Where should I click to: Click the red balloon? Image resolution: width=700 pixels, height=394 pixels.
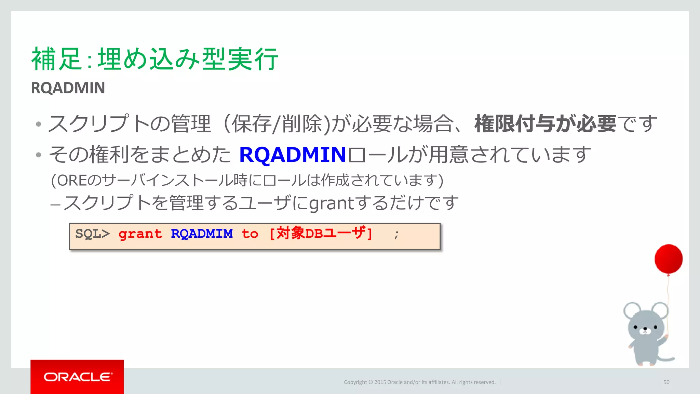click(669, 259)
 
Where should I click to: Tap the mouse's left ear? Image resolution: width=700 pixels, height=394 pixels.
click(632, 311)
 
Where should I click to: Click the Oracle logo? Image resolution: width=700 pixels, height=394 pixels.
click(77, 377)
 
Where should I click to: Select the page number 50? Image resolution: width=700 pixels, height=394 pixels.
click(666, 382)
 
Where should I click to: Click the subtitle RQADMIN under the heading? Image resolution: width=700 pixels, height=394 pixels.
click(68, 88)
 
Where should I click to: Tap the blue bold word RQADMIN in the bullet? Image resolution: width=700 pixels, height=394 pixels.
click(293, 155)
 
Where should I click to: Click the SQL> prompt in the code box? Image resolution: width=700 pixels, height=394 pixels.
click(92, 234)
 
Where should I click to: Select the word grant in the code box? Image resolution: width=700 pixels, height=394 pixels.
click(140, 234)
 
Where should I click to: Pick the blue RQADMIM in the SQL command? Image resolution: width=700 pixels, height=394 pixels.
click(202, 234)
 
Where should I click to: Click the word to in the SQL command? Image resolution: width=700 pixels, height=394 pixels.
click(250, 234)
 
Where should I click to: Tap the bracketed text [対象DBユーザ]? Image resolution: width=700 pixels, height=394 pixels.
click(321, 234)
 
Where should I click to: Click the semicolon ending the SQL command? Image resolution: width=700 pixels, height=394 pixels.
click(396, 235)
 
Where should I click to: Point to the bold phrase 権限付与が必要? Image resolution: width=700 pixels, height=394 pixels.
click(545, 123)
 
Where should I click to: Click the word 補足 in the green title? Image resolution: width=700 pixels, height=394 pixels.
click(56, 59)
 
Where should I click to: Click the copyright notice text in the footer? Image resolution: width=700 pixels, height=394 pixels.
click(419, 382)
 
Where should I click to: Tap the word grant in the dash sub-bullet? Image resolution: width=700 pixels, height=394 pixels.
click(331, 203)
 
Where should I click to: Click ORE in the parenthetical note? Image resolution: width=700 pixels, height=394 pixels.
click(72, 181)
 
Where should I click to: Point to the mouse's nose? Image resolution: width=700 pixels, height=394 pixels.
click(645, 329)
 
